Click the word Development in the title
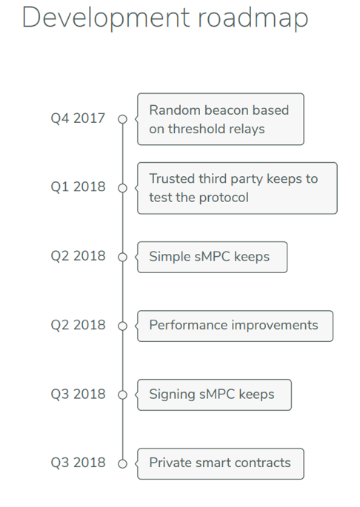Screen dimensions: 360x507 [106, 18]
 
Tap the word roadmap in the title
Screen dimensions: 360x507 [253, 19]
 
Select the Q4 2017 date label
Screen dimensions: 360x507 [78, 118]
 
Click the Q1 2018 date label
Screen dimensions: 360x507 [78, 187]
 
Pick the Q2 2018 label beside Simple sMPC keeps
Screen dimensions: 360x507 [78, 256]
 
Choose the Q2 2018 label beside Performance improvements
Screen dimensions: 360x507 [78, 325]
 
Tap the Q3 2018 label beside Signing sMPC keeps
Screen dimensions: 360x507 [78, 394]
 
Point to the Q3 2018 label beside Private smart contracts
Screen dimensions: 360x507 [78, 463]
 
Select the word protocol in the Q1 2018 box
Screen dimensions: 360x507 [224, 198]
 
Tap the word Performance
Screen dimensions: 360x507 [188, 325]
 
